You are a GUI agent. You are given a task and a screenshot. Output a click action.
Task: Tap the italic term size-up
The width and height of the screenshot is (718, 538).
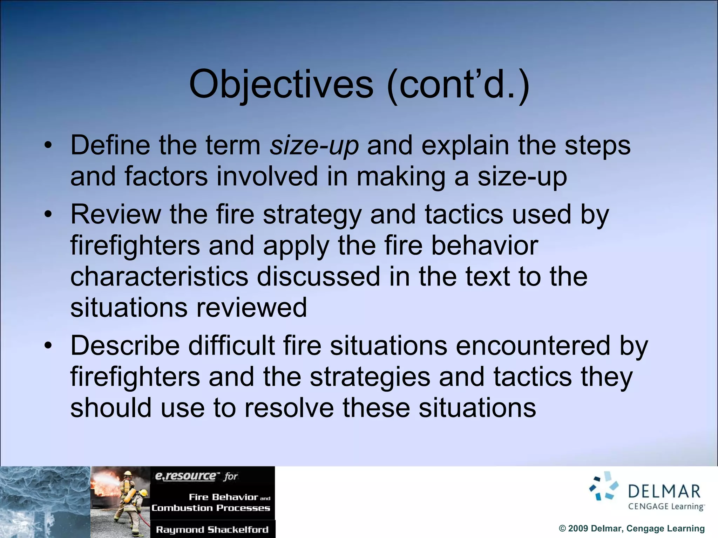tap(314, 146)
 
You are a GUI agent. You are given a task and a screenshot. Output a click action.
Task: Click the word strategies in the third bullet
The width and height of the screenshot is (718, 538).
tap(370, 377)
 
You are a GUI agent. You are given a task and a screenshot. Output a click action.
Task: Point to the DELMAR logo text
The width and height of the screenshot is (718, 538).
tap(664, 491)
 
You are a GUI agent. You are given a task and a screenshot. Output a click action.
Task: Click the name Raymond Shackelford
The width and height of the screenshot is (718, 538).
tap(212, 530)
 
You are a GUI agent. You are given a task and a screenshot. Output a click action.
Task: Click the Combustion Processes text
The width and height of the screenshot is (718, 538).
tap(211, 508)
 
